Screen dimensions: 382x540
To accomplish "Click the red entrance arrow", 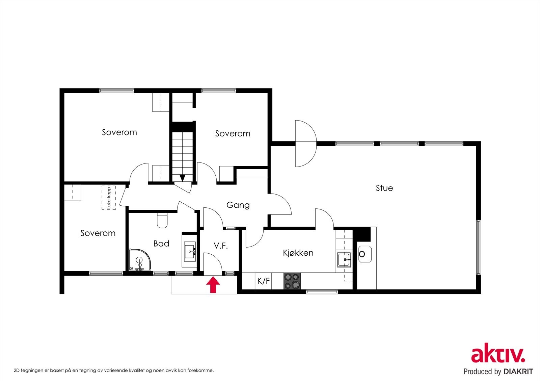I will [x=213, y=285].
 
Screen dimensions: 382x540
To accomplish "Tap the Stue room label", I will [x=384, y=188].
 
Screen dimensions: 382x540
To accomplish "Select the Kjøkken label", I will [x=298, y=253].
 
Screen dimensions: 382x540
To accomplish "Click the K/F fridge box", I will [x=264, y=281].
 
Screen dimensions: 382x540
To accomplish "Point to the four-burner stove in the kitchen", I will [x=292, y=281].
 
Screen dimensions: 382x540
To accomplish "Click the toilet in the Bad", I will [x=162, y=221].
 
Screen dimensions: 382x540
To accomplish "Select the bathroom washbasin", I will [x=190, y=252].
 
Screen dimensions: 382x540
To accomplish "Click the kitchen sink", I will [x=344, y=259].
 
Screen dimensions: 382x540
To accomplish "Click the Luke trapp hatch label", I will [x=109, y=198].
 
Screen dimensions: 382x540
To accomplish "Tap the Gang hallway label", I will [x=238, y=205].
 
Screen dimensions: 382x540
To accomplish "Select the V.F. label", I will [x=221, y=246].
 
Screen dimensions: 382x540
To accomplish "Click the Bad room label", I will [x=161, y=244].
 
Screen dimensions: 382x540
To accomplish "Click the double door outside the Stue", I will [x=305, y=144].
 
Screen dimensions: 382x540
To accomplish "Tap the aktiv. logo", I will [x=498, y=355].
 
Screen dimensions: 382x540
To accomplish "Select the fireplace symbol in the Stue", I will [x=364, y=254].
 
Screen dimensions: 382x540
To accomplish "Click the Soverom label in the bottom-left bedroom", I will [x=98, y=233].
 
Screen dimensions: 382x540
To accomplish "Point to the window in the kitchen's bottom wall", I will [x=322, y=291].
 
